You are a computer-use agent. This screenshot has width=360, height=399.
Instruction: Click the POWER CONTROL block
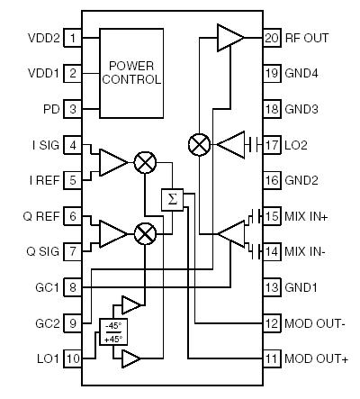coord(135,72)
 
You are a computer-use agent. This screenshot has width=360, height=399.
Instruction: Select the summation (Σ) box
coord(172,199)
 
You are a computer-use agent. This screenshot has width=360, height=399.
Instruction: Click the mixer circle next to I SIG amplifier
coord(144,162)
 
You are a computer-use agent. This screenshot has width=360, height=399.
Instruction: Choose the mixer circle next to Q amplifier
coord(144,234)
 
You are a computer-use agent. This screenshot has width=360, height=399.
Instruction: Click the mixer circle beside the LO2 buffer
coord(197,143)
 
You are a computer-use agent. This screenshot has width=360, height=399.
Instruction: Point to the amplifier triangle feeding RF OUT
coord(229,38)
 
